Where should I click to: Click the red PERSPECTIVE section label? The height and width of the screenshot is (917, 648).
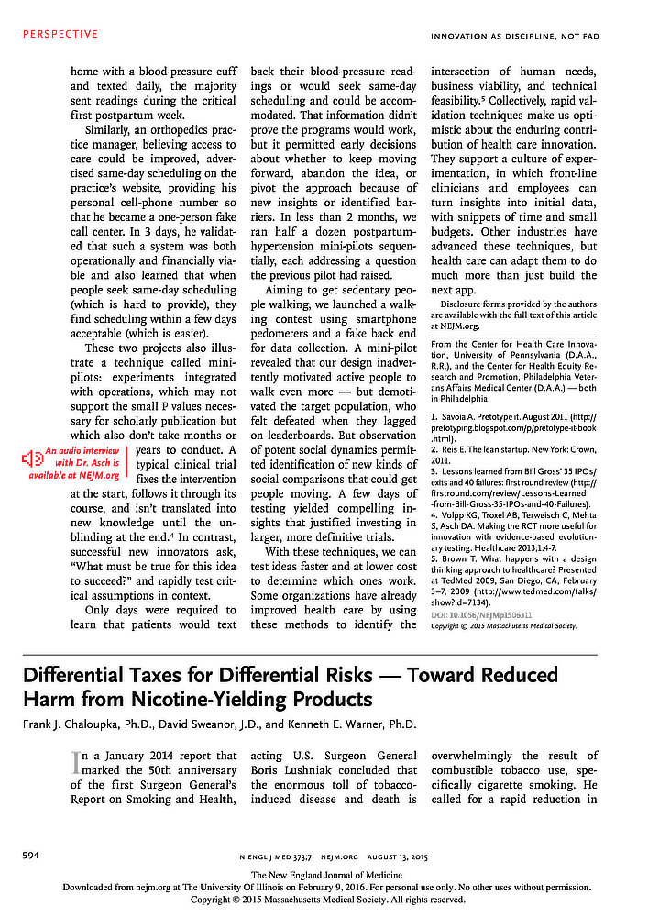click(60, 34)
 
